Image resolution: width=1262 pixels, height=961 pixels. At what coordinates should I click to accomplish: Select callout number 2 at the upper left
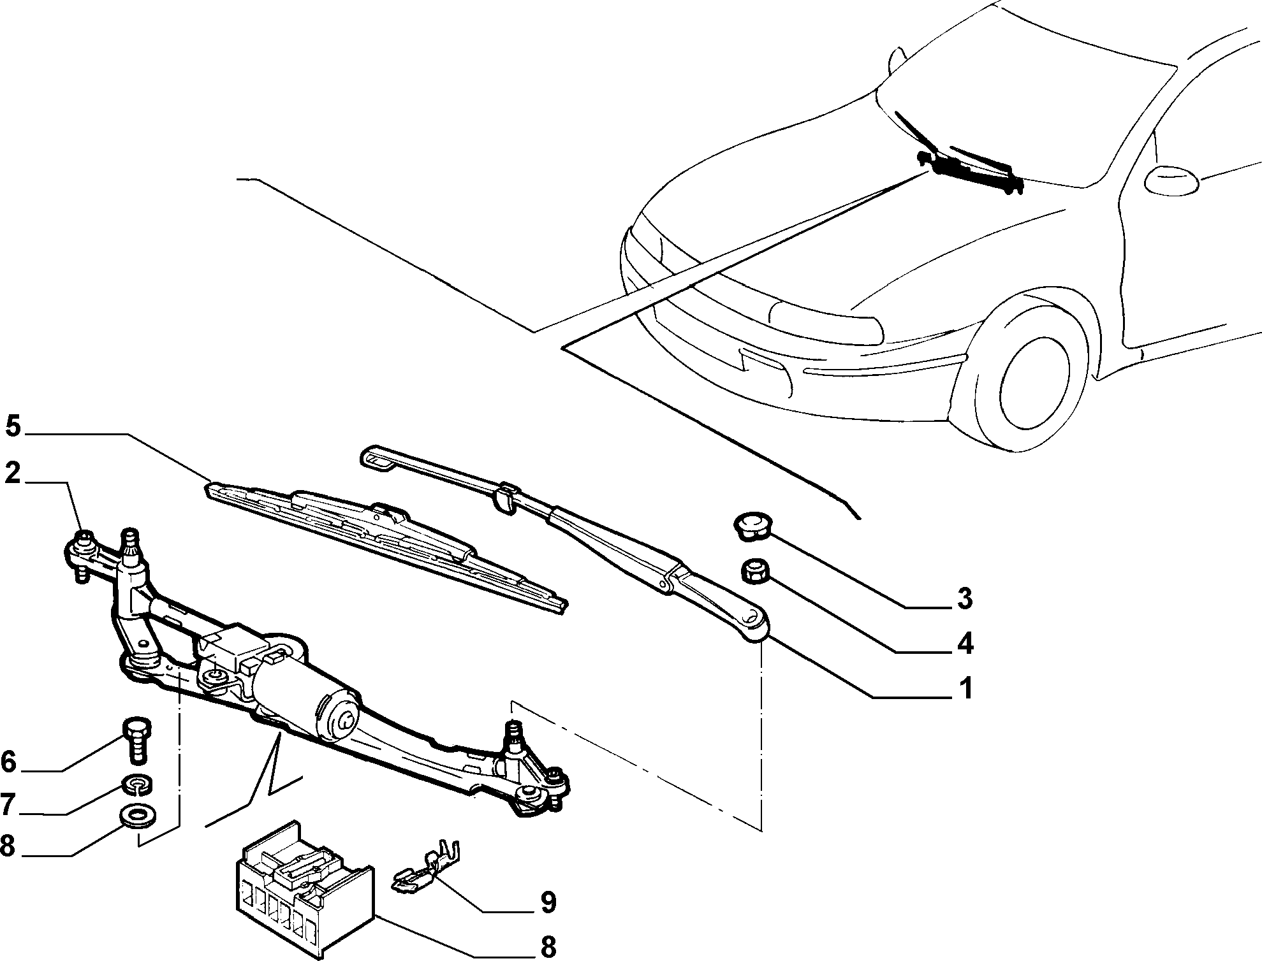pos(13,474)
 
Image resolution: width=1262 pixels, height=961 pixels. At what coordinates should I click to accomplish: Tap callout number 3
pos(965,599)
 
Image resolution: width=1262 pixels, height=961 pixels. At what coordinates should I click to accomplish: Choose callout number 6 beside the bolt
pos(8,762)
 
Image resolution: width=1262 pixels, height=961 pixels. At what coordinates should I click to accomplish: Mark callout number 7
pos(8,806)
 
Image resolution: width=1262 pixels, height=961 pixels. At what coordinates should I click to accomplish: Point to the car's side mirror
pos(1171,178)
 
